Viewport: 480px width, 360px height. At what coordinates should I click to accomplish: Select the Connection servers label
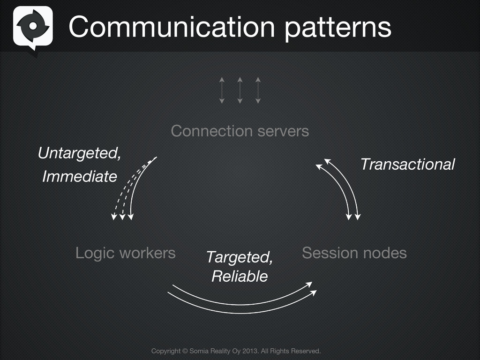(x=240, y=131)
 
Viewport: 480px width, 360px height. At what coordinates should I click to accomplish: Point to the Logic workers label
(x=125, y=253)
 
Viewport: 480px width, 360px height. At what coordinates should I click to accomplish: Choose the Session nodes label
(x=354, y=253)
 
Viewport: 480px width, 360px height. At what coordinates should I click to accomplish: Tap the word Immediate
(x=79, y=177)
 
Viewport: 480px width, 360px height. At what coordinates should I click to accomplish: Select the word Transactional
(x=407, y=164)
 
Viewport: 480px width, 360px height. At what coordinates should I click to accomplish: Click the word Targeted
(x=239, y=257)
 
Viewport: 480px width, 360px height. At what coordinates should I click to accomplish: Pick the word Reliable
(x=240, y=276)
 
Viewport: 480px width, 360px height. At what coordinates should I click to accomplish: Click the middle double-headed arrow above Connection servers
(x=240, y=90)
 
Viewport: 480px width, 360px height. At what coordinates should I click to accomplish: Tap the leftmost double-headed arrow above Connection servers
(x=222, y=90)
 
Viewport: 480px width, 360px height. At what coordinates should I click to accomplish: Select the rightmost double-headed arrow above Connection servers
(x=257, y=90)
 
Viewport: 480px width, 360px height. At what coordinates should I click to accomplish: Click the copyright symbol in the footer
(x=185, y=351)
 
